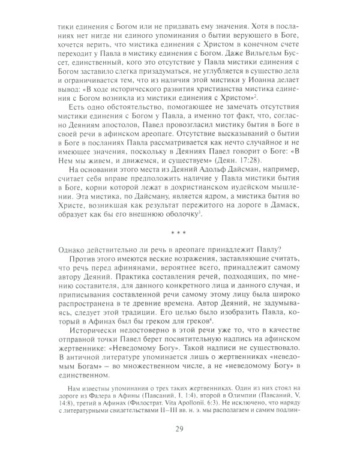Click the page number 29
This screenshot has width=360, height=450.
179,429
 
